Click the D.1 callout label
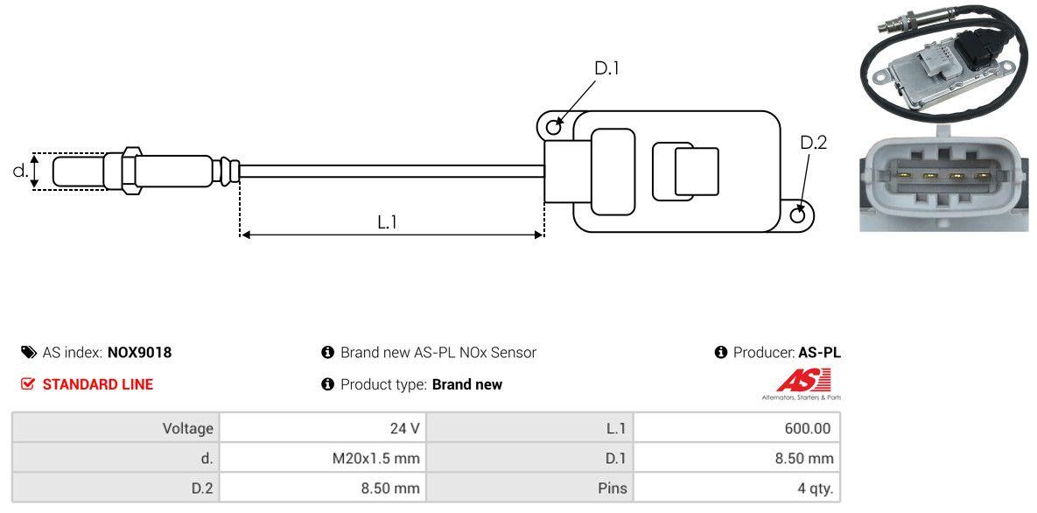pos(606,68)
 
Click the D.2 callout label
pos(813,143)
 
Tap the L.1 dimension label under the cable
pos(388,222)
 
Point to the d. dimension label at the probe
pos(19,171)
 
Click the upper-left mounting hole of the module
pos(553,128)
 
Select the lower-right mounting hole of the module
pos(798,215)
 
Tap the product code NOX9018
pos(139,353)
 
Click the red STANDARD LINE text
pos(97,384)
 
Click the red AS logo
pos(803,381)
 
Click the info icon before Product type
pos(328,384)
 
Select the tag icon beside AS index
pos(28,353)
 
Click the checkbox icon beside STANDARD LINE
pos(28,384)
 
